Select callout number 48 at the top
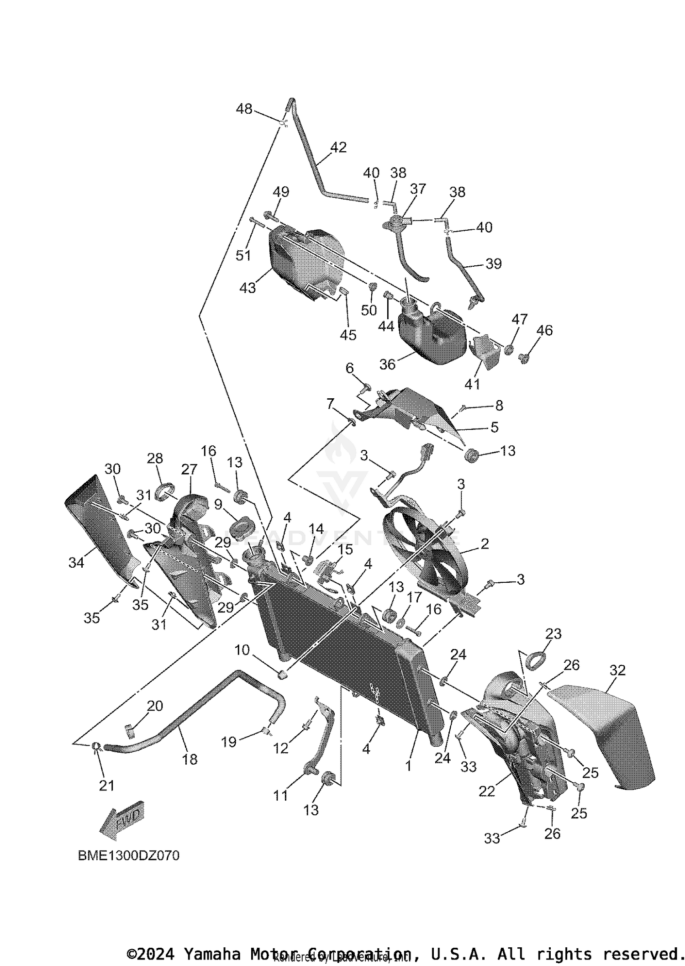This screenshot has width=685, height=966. click(244, 109)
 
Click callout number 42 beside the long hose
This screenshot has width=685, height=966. click(338, 147)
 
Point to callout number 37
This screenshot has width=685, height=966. click(418, 189)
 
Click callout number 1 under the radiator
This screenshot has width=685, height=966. click(408, 765)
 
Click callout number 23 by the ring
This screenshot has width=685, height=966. click(553, 633)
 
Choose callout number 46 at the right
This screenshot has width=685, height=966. click(544, 330)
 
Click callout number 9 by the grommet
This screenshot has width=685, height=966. click(218, 504)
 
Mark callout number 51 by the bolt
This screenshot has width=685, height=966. click(243, 255)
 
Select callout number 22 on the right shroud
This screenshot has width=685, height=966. click(487, 791)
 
